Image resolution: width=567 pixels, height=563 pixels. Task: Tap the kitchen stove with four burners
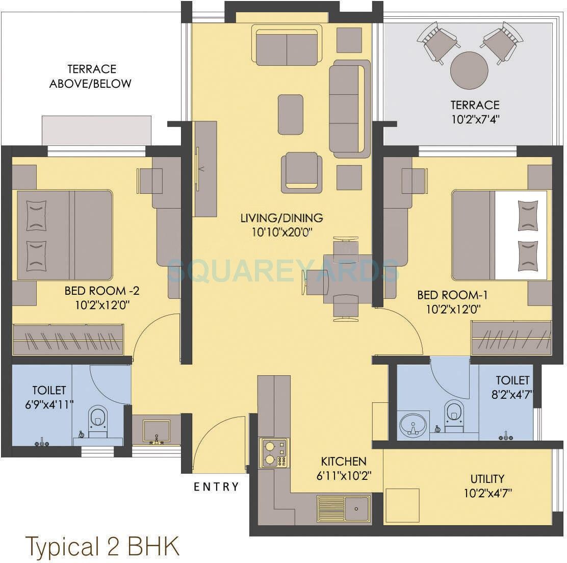coord(274,452)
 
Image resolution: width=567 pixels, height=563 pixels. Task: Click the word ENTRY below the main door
coord(216,487)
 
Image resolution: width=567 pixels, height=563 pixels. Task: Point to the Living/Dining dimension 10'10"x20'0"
coord(281,232)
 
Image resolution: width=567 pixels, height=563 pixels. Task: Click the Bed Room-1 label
coord(449,295)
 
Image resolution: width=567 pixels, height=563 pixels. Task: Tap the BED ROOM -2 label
coord(102,291)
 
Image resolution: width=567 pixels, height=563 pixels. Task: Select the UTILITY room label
coord(487,479)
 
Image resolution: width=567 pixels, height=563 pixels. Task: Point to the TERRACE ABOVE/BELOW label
coord(90,76)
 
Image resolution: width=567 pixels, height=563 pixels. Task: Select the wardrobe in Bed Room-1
coord(510,338)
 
